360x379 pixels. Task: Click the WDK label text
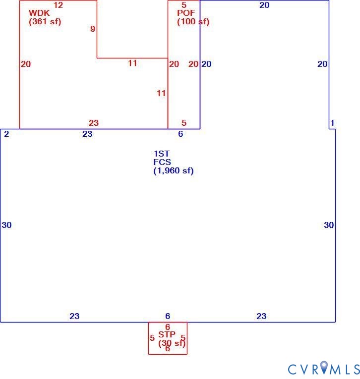pyautogui.click(x=39, y=13)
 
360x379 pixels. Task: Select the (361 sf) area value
pyautogui.click(x=45, y=21)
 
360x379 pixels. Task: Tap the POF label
pyautogui.click(x=186, y=13)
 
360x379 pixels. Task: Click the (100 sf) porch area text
pyautogui.click(x=193, y=21)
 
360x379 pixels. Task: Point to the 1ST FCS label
pyautogui.click(x=162, y=158)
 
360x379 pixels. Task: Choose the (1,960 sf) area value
pyautogui.click(x=174, y=170)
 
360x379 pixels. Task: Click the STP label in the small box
pyautogui.click(x=167, y=334)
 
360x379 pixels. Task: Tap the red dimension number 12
pyautogui.click(x=58, y=5)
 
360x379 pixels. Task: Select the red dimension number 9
pyautogui.click(x=93, y=29)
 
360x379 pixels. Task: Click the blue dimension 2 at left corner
pyautogui.click(x=6, y=134)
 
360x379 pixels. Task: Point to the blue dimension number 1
pyautogui.click(x=332, y=123)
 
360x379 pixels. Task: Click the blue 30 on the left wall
pyautogui.click(x=6, y=225)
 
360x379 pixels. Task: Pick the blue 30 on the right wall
pyautogui.click(x=329, y=225)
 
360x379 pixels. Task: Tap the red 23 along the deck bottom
pyautogui.click(x=94, y=123)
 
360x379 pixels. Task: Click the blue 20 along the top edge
pyautogui.click(x=264, y=5)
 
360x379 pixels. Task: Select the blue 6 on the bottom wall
pyautogui.click(x=168, y=316)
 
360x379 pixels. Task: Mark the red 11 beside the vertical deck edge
pyautogui.click(x=161, y=93)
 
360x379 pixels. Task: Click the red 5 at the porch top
pyautogui.click(x=184, y=5)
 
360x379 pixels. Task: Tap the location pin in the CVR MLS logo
pyautogui.click(x=324, y=367)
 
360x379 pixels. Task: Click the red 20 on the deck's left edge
pyautogui.click(x=26, y=64)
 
